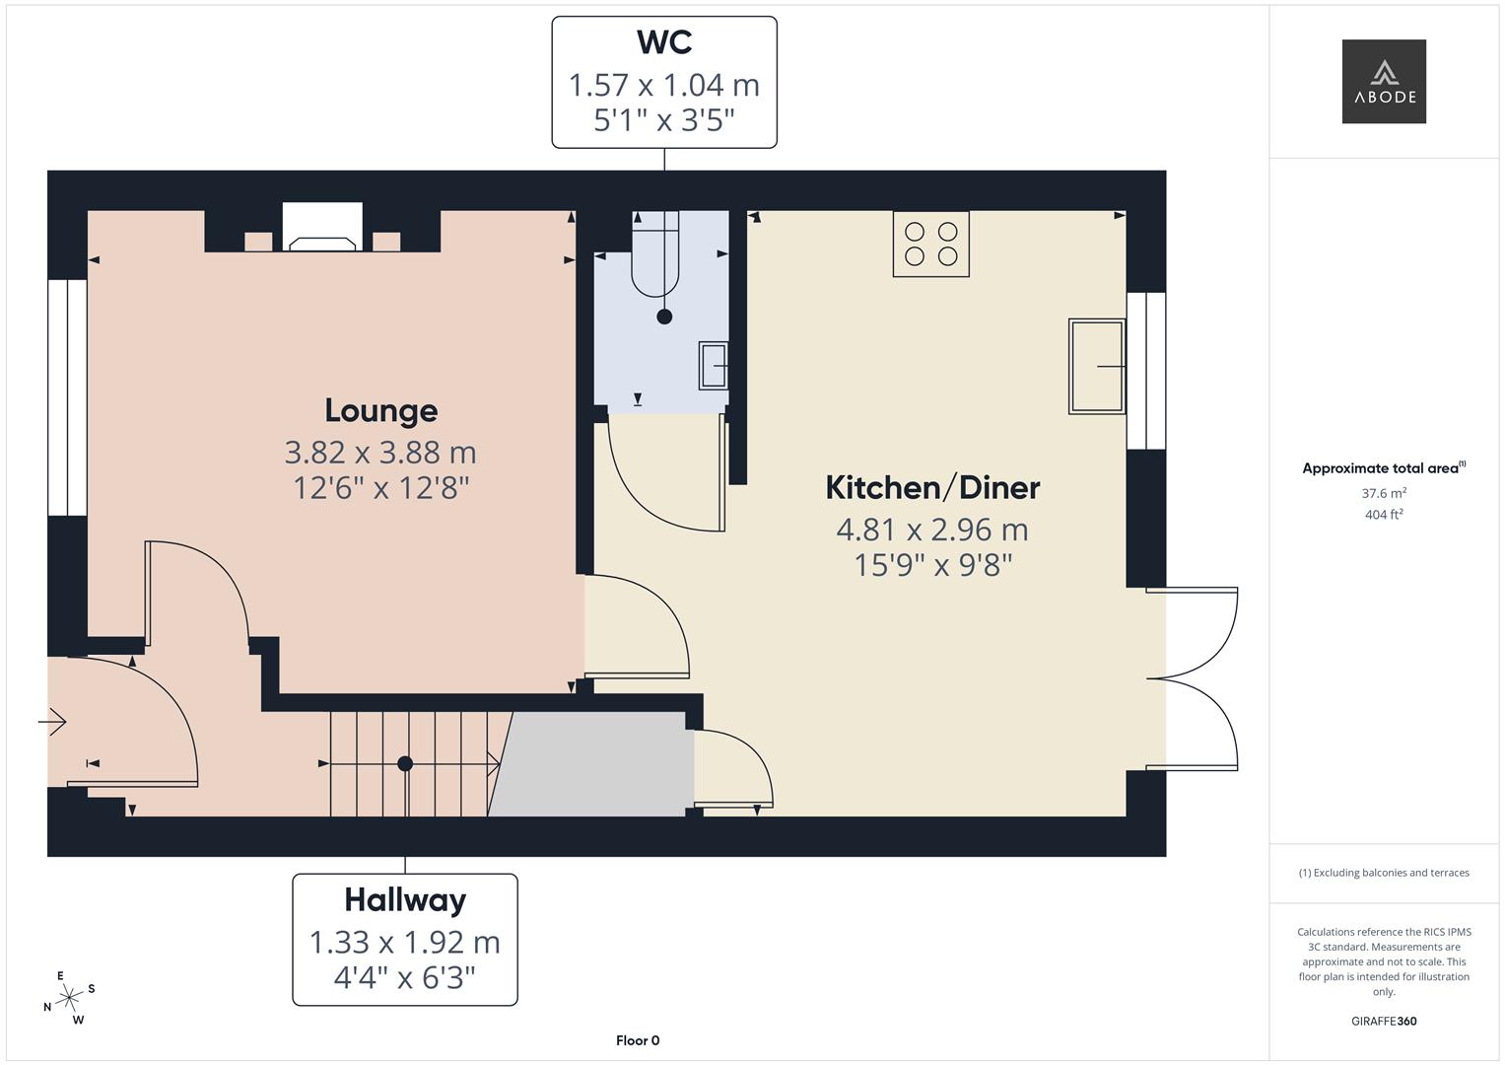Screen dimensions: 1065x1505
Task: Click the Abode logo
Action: (x=1383, y=82)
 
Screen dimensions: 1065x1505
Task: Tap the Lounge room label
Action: (x=380, y=410)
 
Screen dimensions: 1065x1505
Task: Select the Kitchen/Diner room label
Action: (x=932, y=487)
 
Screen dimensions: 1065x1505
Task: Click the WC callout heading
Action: (x=663, y=42)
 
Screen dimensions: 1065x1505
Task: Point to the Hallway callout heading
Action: (x=405, y=900)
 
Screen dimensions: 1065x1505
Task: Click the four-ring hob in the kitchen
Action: (x=930, y=244)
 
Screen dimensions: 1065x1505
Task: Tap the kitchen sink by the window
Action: (x=1096, y=366)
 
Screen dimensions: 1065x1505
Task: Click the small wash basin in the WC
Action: (x=714, y=365)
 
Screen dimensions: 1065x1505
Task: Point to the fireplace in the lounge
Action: (x=322, y=228)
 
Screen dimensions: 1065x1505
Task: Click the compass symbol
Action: (x=69, y=998)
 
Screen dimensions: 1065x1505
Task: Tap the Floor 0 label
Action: (x=638, y=1040)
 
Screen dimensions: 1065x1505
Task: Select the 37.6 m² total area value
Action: (x=1383, y=493)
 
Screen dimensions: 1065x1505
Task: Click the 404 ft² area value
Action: (x=1383, y=515)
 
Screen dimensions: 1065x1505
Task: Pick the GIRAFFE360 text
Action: (x=1383, y=1021)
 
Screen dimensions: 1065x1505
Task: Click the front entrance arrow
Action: (x=52, y=723)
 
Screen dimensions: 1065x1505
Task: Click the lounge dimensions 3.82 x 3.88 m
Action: (x=380, y=453)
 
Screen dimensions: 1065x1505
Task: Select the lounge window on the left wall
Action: (x=67, y=397)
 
